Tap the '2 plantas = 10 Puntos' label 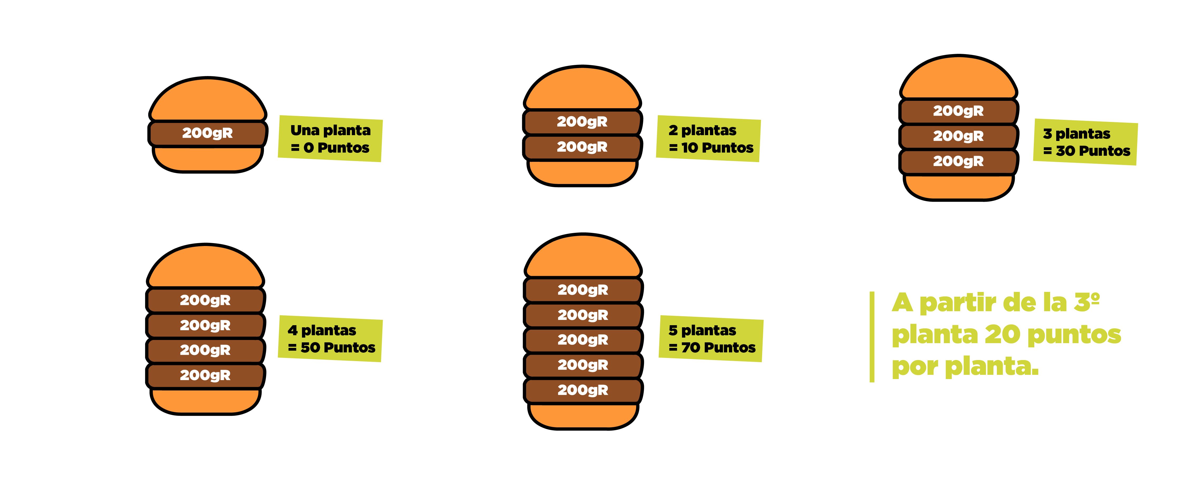(x=710, y=138)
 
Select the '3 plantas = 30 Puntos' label (x=1086, y=141)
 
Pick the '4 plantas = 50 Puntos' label (x=331, y=338)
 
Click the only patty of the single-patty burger (x=207, y=133)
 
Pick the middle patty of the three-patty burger (x=958, y=136)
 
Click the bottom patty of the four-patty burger (x=205, y=375)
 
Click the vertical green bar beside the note (x=872, y=337)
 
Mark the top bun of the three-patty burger (x=958, y=78)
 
